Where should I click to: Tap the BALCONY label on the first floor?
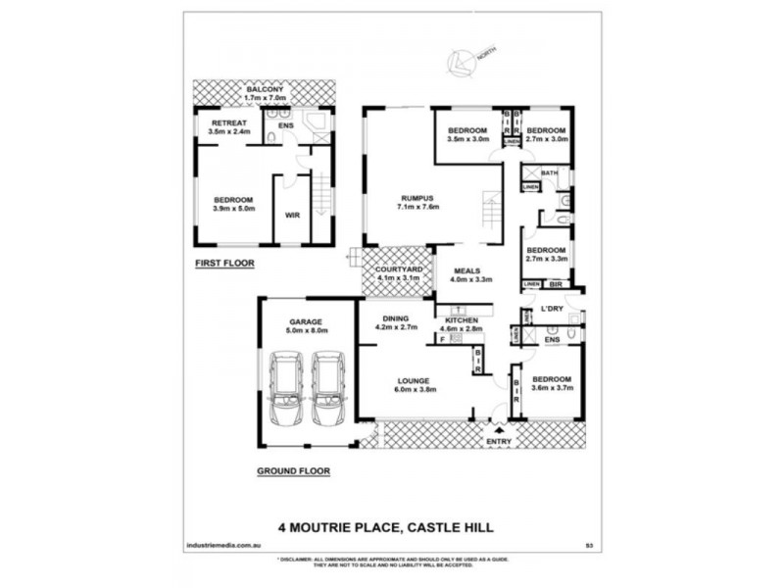tap(265, 89)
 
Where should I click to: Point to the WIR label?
tap(291, 215)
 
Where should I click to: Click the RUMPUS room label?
tap(417, 198)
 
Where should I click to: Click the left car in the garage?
tap(284, 389)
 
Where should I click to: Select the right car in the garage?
tap(327, 389)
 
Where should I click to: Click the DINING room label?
tap(397, 318)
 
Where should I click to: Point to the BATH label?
tap(549, 172)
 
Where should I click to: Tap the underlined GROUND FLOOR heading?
tap(293, 470)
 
